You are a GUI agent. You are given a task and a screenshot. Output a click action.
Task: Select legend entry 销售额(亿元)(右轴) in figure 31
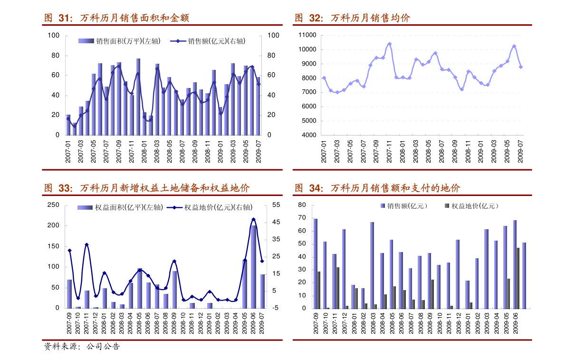[216, 41]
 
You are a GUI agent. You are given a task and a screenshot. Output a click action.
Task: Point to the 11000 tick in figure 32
[307, 35]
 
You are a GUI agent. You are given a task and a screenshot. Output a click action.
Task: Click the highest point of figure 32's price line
[389, 44]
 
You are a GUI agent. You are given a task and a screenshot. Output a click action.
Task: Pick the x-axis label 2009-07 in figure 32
[520, 151]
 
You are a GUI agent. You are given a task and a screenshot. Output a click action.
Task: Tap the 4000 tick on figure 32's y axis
[308, 135]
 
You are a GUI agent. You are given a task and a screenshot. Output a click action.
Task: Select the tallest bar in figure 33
[253, 266]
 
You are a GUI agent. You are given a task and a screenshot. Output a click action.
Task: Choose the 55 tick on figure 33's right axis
[276, 204]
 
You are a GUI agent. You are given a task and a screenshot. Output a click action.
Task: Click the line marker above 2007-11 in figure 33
[86, 244]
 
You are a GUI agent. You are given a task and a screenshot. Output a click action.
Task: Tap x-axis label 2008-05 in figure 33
[139, 324]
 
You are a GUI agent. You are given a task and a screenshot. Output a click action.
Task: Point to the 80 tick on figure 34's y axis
[301, 205]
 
